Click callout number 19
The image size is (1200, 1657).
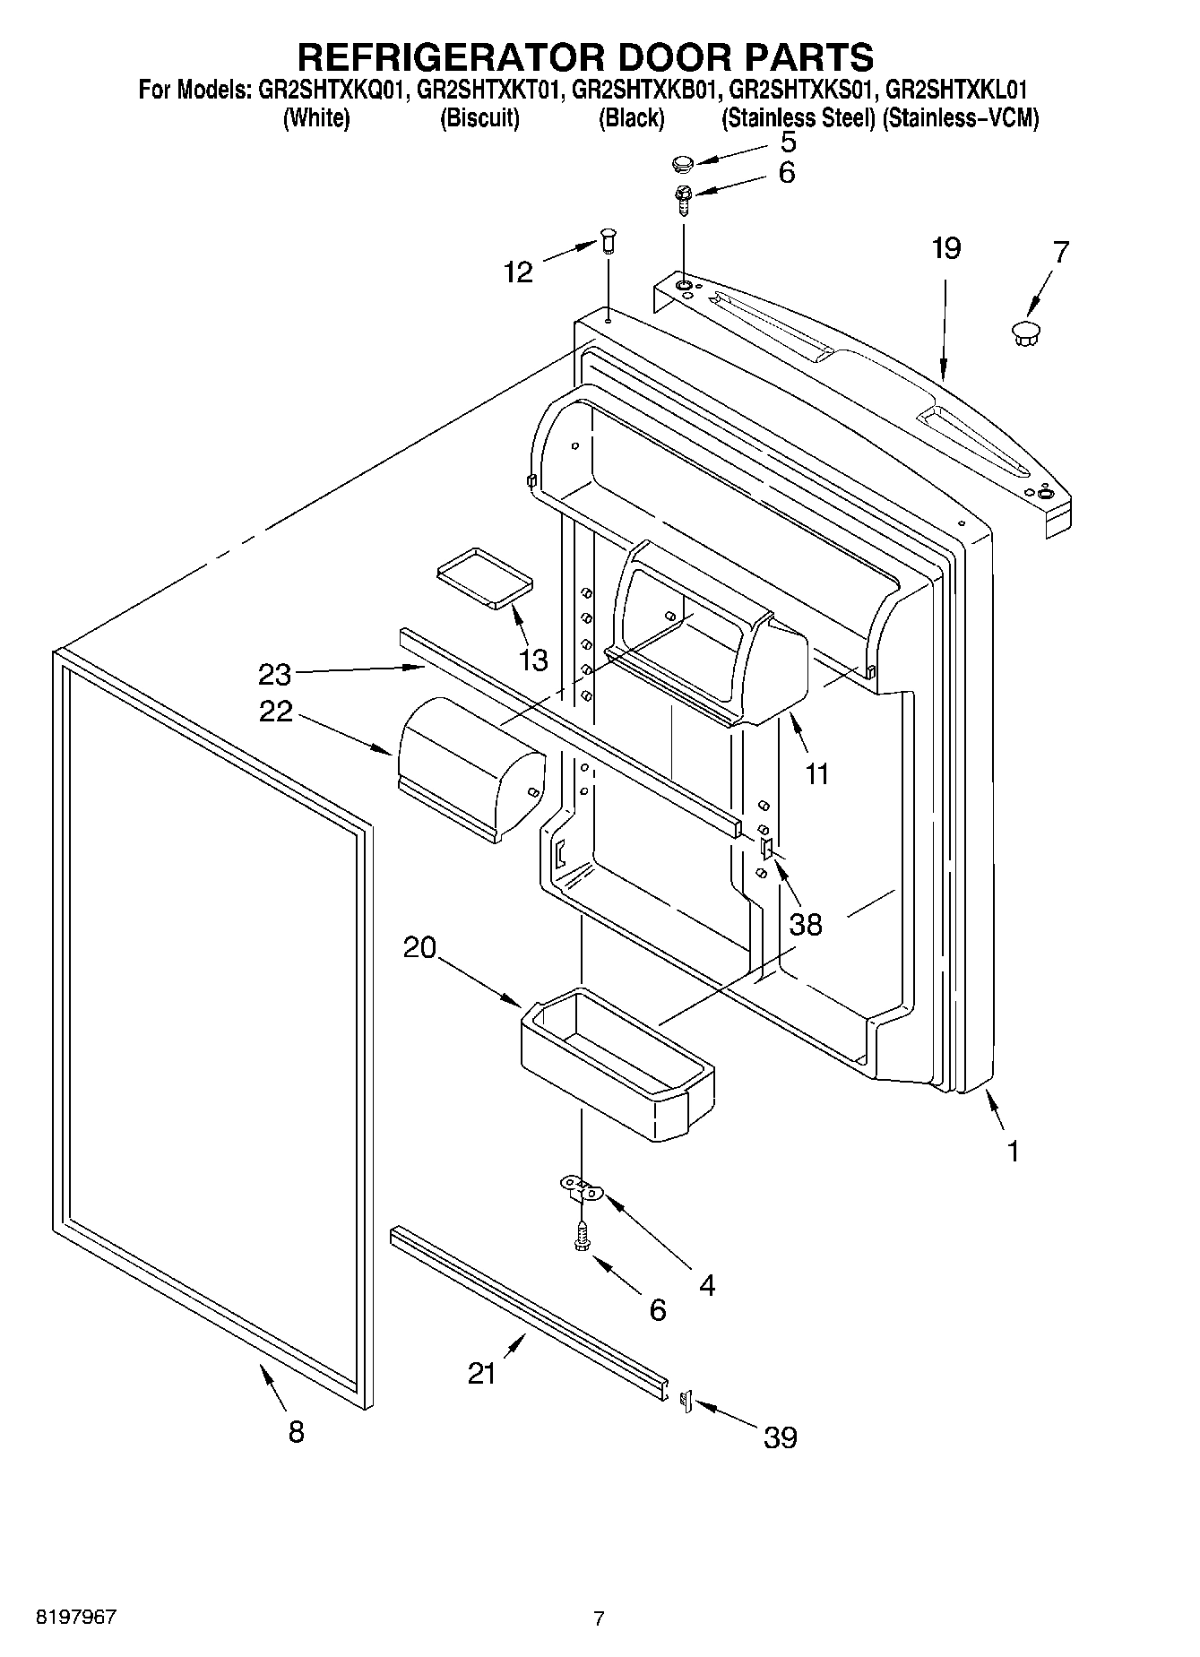pyautogui.click(x=945, y=248)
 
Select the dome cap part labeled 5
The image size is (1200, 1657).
pyautogui.click(x=684, y=163)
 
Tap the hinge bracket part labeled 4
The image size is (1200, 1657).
pyautogui.click(x=583, y=1190)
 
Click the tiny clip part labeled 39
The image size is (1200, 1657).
pyautogui.click(x=687, y=1399)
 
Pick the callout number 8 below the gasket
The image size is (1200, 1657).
pyautogui.click(x=296, y=1431)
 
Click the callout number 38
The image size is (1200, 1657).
pyautogui.click(x=806, y=924)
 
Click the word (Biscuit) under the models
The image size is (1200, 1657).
pyautogui.click(x=479, y=118)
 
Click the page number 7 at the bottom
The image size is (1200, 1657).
pyautogui.click(x=599, y=1618)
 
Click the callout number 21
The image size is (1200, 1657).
pyautogui.click(x=482, y=1373)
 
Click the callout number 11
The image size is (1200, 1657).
pyautogui.click(x=816, y=773)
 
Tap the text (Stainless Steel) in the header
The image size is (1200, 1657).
pyautogui.click(x=798, y=118)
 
